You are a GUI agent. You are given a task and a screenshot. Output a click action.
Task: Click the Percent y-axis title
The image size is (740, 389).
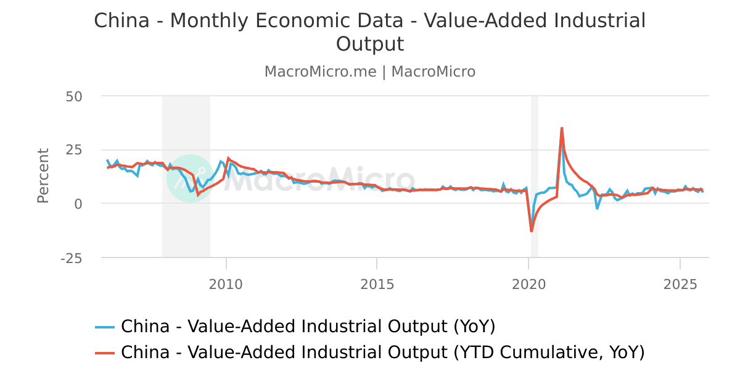point(43,175)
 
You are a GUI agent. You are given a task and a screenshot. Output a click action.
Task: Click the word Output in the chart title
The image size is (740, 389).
point(370,44)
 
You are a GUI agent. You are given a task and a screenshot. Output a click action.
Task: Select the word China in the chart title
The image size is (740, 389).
point(121,20)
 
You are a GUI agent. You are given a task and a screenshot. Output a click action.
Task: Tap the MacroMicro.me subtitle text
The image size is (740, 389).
point(320,72)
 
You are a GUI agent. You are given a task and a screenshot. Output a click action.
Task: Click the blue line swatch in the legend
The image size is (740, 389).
point(105,326)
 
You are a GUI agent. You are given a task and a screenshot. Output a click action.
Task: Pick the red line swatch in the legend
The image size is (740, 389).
point(105,353)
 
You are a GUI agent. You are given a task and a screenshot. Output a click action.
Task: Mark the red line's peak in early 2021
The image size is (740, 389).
point(562,128)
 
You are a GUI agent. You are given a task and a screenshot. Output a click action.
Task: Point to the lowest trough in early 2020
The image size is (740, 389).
point(532,231)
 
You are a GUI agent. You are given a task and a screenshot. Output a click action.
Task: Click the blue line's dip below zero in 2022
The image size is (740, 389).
point(597,208)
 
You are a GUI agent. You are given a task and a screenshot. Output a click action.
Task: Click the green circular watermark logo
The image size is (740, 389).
point(190,178)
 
